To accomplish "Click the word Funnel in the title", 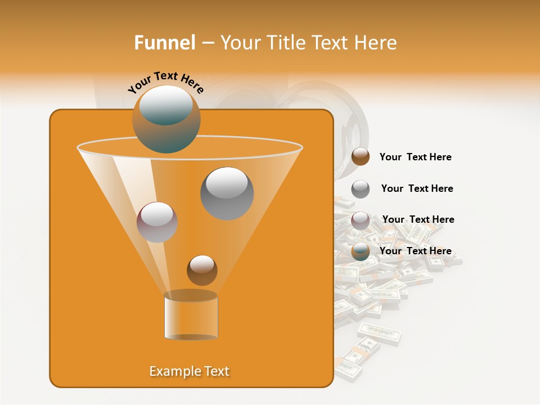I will (x=164, y=43).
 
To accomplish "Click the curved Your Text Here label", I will (x=165, y=81).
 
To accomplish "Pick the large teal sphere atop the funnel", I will (x=166, y=119).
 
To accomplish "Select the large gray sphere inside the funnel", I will (x=227, y=193).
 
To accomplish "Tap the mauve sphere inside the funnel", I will (x=157, y=222).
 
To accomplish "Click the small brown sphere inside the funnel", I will (x=202, y=270).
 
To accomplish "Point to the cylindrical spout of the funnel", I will (x=191, y=316).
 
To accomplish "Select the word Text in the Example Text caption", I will (x=215, y=371).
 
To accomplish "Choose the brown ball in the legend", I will (x=361, y=157).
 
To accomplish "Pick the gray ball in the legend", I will (x=361, y=188).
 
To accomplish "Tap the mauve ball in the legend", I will (x=361, y=220).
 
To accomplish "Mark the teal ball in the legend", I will (x=361, y=251).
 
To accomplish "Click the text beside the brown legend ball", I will (x=415, y=157).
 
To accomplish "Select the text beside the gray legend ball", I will (x=417, y=188).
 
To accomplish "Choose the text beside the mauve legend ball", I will (x=418, y=219).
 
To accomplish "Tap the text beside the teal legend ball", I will (x=415, y=251).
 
